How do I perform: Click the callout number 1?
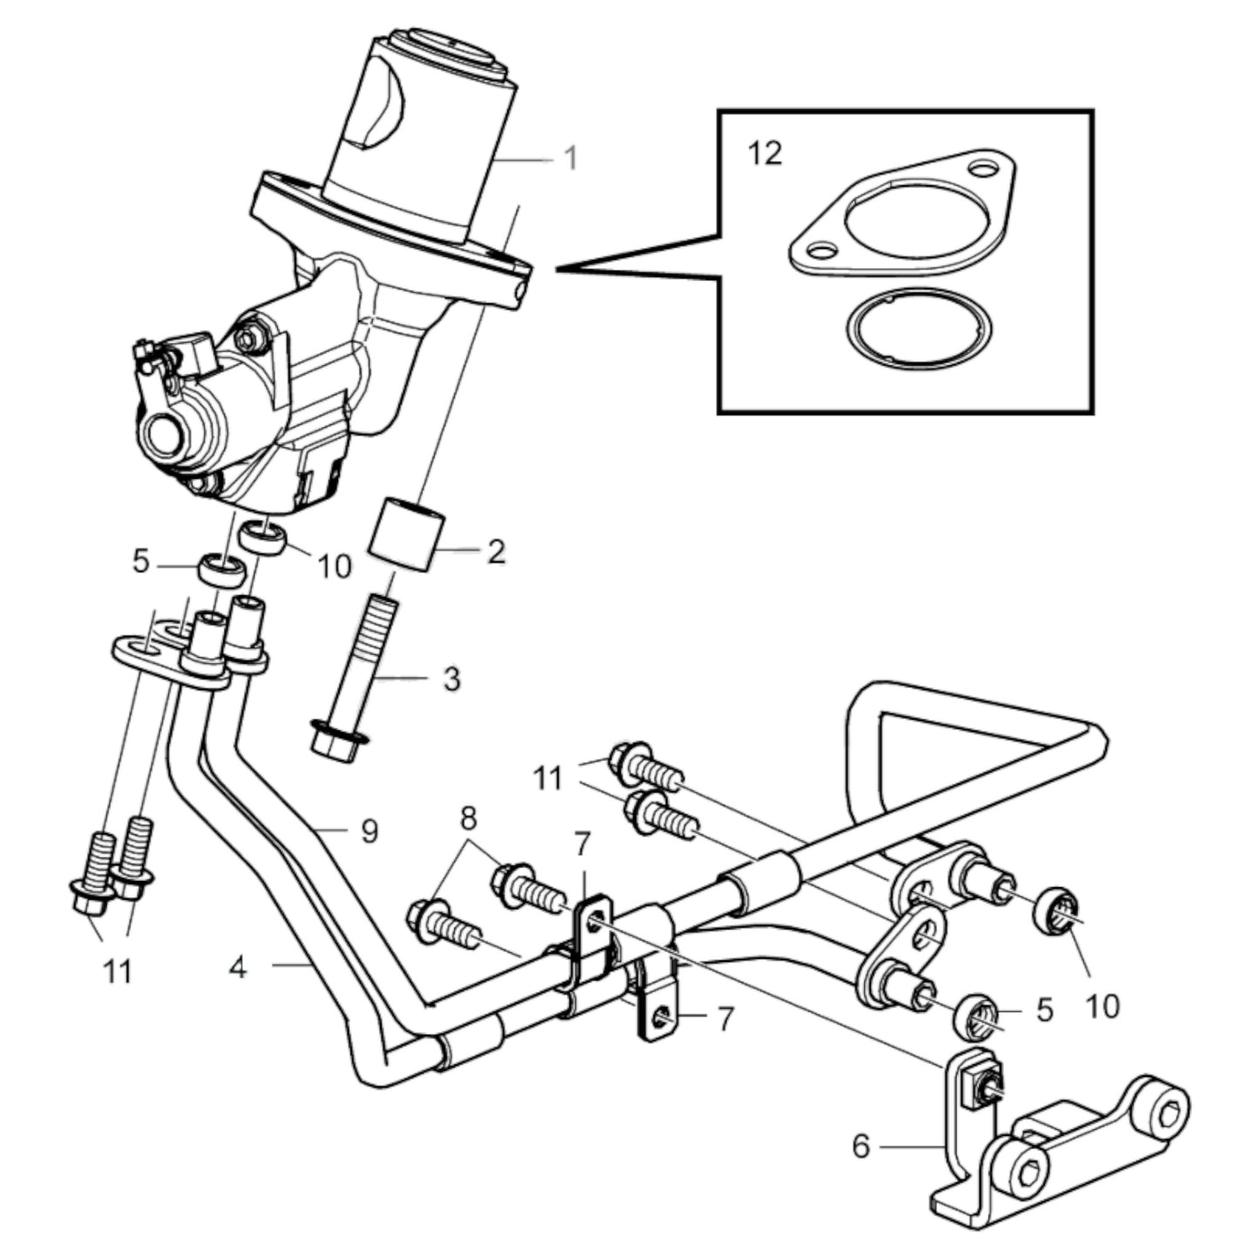pyautogui.click(x=571, y=159)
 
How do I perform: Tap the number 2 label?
pyautogui.click(x=496, y=551)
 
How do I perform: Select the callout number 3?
pyautogui.click(x=451, y=679)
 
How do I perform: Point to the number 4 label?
pyautogui.click(x=237, y=966)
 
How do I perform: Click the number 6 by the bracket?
pyautogui.click(x=861, y=1147)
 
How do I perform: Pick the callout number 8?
pyautogui.click(x=469, y=818)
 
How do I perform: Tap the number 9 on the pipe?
pyautogui.click(x=369, y=831)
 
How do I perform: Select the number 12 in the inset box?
pyautogui.click(x=765, y=153)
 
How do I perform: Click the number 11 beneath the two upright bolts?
pyautogui.click(x=118, y=970)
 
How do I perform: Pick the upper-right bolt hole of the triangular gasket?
pyautogui.click(x=985, y=166)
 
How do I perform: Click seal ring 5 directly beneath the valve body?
pyautogui.click(x=220, y=570)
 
